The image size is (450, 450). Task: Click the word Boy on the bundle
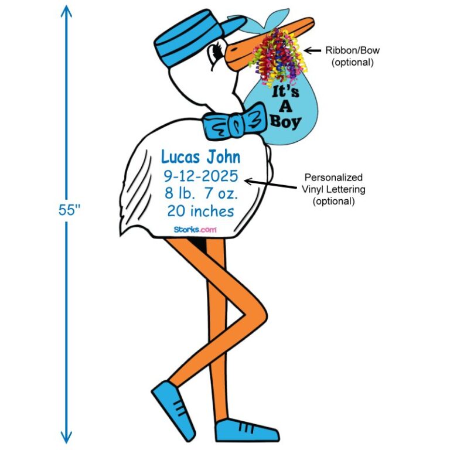coord(285,122)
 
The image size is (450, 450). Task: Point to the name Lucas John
coord(200,157)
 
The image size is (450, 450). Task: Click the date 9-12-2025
coord(200,175)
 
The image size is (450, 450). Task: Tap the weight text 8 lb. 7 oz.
coord(200,193)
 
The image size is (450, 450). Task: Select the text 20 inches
coord(200,210)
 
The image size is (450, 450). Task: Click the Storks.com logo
coord(194,230)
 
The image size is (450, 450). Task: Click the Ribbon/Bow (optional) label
coord(352,56)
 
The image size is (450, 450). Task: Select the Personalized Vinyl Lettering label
coord(333,189)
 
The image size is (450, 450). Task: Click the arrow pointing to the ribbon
coord(312,51)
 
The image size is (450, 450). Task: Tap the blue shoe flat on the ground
coord(246,431)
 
